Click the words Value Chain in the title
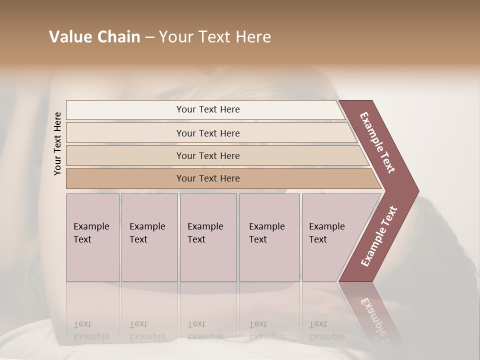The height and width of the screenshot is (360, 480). tap(94, 37)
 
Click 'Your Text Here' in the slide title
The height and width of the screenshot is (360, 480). tap(215, 37)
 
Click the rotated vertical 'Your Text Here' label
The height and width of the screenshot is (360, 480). tap(57, 143)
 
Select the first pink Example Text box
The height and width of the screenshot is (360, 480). tap(92, 237)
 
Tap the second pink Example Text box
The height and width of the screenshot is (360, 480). tap(149, 237)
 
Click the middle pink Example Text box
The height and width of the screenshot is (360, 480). tap(208, 237)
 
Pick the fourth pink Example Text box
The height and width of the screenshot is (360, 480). tap(269, 237)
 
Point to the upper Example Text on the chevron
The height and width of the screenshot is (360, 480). tap(377, 142)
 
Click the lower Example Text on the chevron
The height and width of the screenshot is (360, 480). tap(378, 236)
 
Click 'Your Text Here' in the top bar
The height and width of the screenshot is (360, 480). tap(208, 109)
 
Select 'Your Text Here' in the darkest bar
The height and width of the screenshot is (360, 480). tap(208, 178)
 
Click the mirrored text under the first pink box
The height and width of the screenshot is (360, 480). tap(91, 330)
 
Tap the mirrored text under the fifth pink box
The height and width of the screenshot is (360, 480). tap(327, 330)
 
